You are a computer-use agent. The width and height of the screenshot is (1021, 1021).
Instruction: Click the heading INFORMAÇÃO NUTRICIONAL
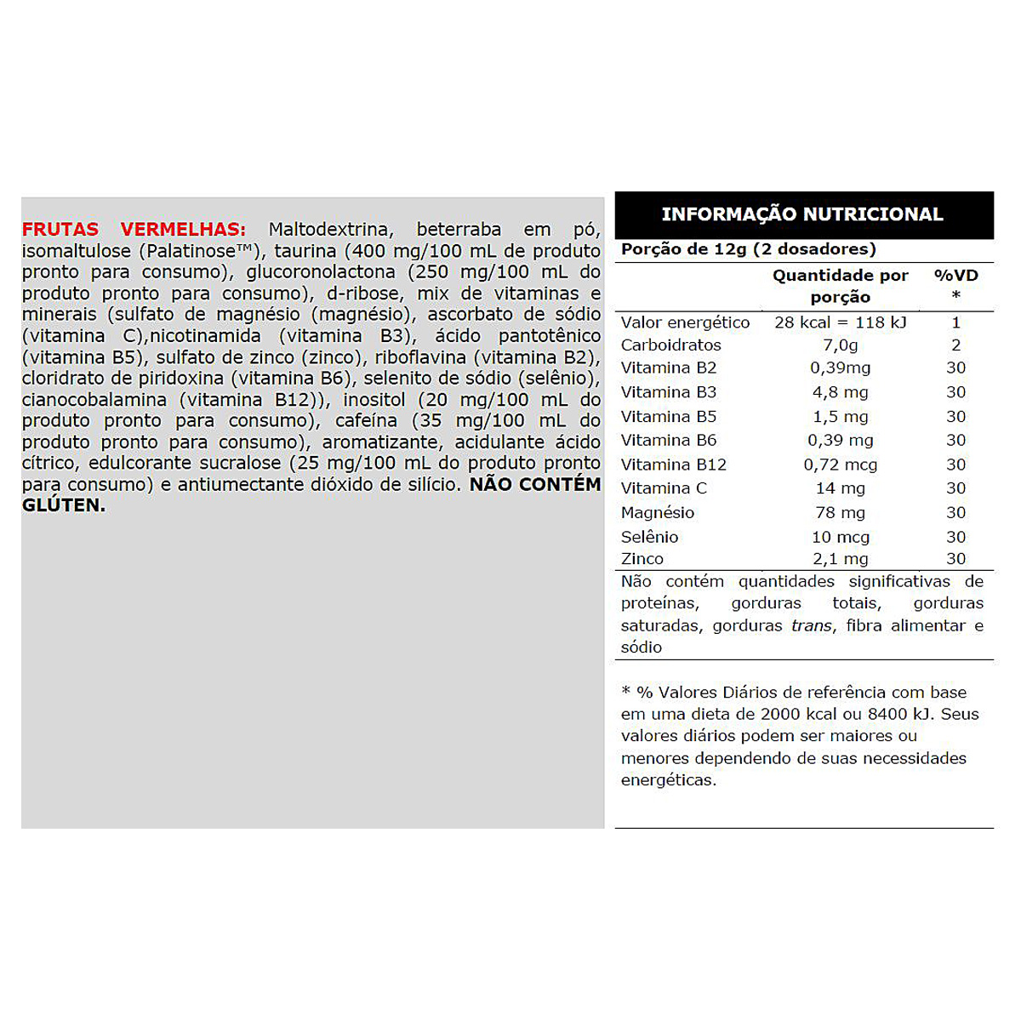(x=802, y=214)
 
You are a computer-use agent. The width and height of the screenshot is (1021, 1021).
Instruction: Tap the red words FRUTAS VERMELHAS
(x=134, y=230)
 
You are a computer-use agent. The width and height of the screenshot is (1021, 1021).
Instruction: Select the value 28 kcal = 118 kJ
(x=840, y=322)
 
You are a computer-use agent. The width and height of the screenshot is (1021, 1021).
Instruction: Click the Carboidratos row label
(x=670, y=345)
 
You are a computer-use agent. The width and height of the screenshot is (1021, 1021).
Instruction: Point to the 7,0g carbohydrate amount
(x=840, y=345)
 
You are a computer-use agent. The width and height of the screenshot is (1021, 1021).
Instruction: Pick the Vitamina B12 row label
(x=673, y=465)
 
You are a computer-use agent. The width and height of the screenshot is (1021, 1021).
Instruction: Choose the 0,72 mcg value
(x=840, y=465)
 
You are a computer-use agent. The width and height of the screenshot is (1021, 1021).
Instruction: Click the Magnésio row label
(x=657, y=513)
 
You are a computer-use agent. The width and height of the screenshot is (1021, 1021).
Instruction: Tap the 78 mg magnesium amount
(x=840, y=513)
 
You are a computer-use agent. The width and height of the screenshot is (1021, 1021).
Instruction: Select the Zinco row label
(x=642, y=559)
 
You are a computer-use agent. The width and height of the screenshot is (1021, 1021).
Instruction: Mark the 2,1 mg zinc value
(x=840, y=559)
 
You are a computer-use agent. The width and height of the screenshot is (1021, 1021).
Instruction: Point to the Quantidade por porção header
(x=840, y=286)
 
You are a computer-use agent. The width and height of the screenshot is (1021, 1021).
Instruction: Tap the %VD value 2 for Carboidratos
(x=955, y=345)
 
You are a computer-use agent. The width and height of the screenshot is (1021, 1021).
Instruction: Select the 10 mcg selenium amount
(x=840, y=537)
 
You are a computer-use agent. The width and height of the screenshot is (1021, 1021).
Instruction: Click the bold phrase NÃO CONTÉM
(x=534, y=485)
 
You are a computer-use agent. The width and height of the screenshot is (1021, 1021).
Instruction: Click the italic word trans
(x=811, y=626)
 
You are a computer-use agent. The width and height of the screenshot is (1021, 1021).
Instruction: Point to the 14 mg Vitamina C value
(x=840, y=488)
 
